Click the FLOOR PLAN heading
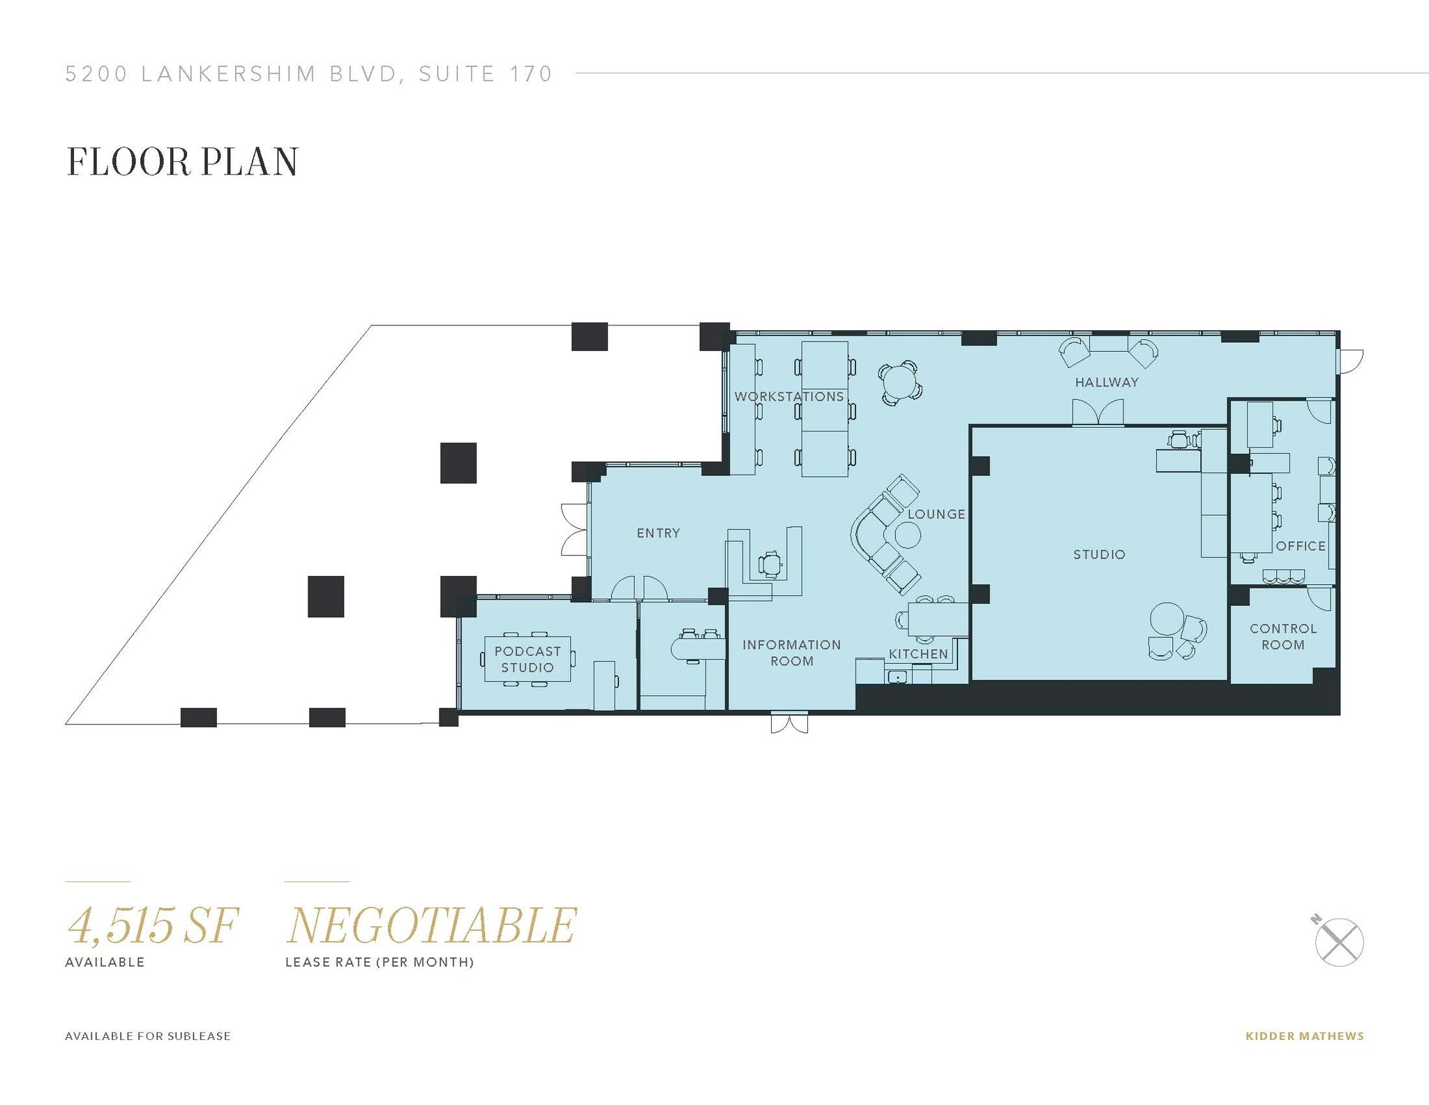coord(182,162)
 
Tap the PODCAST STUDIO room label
coord(528,659)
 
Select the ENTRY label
coord(658,533)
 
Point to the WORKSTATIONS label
coord(789,396)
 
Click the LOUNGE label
coord(936,514)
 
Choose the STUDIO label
coord(1099,555)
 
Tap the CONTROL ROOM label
coord(1282,637)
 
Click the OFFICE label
coord(1301,547)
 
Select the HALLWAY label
coord(1107,383)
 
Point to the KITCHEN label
coord(918,654)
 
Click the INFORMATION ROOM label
coord(791,653)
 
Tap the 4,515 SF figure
coord(153,926)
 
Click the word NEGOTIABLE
coord(432,926)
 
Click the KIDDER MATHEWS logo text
coord(1304,1036)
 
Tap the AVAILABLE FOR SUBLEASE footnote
coord(148,1036)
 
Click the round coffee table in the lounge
coord(908,535)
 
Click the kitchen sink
coord(897,676)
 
